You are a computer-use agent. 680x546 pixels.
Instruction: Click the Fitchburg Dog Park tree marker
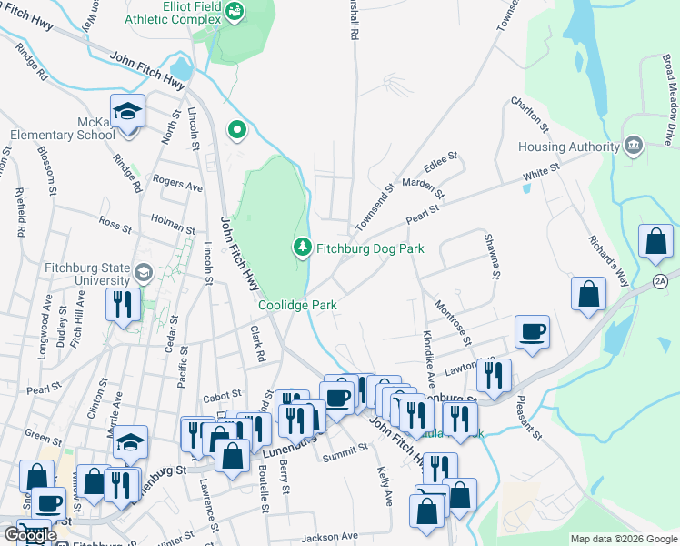tap(302, 247)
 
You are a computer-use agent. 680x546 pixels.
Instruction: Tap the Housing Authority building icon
tap(634, 146)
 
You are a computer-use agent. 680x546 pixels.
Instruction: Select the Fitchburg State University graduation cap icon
tap(143, 272)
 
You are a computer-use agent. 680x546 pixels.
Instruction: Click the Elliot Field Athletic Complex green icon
tap(235, 12)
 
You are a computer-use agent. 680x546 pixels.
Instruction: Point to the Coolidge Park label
tap(298, 305)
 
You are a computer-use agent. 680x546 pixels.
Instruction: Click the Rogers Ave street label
tap(177, 184)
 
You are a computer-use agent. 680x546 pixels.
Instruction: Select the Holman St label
tap(173, 228)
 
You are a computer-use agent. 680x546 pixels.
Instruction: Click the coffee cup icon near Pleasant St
tap(532, 331)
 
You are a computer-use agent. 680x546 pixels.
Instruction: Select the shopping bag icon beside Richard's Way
tap(588, 294)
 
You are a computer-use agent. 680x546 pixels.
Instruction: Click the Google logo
tap(29, 535)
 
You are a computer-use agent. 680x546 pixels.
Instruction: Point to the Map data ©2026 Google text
tap(623, 539)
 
